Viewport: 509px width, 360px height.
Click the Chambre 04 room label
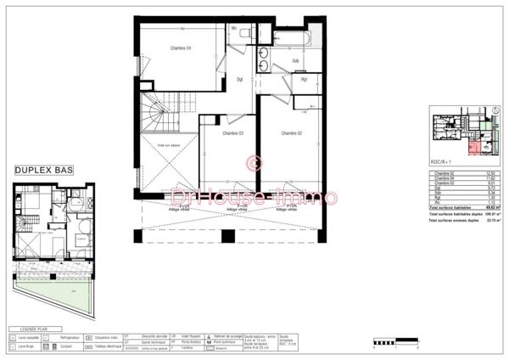tap(178, 48)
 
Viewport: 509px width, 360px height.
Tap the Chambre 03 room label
tap(232, 133)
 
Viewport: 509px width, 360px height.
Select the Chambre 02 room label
tap(291, 133)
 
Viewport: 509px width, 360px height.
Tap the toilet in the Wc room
tap(245, 32)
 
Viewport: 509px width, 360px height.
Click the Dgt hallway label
tap(240, 80)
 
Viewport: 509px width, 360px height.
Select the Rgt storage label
tap(303, 80)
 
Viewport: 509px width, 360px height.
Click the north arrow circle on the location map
tap(495, 111)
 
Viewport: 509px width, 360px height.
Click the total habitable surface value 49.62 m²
tap(489, 206)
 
